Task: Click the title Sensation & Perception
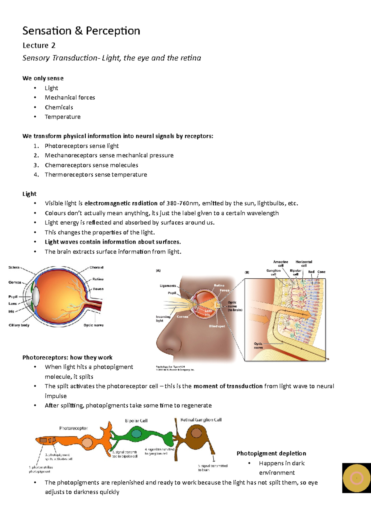pyautogui.click(x=81, y=31)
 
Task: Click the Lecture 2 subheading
pyautogui.click(x=39, y=45)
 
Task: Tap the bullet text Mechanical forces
pyautogui.click(x=70, y=98)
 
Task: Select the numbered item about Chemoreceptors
pyautogui.click(x=91, y=165)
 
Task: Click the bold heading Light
pyautogui.click(x=29, y=194)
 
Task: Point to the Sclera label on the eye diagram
pyautogui.click(x=14, y=268)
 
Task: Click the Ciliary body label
pyautogui.click(x=19, y=325)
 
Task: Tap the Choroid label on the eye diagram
pyautogui.click(x=96, y=268)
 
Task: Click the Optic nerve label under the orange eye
pyautogui.click(x=93, y=325)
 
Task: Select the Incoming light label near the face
pyautogui.click(x=163, y=318)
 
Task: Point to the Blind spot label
pyautogui.click(x=217, y=326)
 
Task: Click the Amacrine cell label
pyautogui.click(x=280, y=264)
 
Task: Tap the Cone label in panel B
pyautogui.click(x=321, y=272)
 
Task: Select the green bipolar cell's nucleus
pyautogui.click(x=136, y=434)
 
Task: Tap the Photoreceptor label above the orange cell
pyautogui.click(x=73, y=428)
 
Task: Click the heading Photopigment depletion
pyautogui.click(x=271, y=453)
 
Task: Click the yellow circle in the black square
pyautogui.click(x=356, y=478)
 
